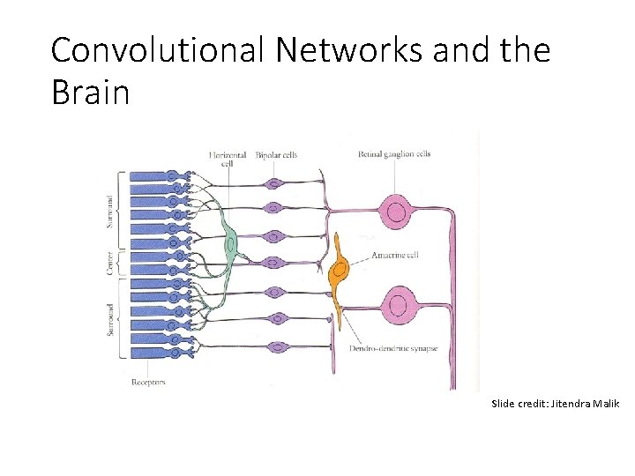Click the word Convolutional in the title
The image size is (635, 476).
coord(157,50)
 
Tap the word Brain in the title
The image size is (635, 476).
coord(90,91)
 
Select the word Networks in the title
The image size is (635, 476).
coord(349,50)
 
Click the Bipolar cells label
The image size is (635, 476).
coord(276,155)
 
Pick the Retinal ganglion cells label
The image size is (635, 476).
coord(394,154)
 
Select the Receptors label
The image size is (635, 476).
coord(148,383)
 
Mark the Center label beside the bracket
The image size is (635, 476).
coord(110,264)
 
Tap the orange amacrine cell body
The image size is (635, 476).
coord(337,269)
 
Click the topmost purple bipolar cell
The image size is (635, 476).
coord(276,184)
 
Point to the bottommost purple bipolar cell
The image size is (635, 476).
coord(276,347)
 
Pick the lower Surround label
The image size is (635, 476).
coord(110,317)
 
